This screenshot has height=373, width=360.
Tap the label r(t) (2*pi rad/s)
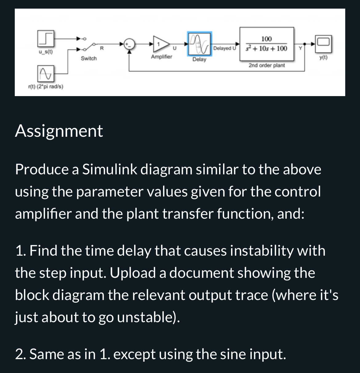click(x=46, y=87)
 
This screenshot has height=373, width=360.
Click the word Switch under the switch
click(x=89, y=58)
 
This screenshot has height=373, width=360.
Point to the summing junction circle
click(x=130, y=44)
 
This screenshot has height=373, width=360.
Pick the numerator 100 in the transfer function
click(x=266, y=39)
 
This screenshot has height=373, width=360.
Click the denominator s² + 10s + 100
click(x=266, y=49)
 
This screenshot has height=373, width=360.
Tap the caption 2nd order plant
click(x=267, y=65)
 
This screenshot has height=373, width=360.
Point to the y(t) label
click(x=323, y=57)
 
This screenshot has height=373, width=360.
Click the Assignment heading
click(x=59, y=131)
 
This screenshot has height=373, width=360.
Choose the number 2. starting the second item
click(x=20, y=354)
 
